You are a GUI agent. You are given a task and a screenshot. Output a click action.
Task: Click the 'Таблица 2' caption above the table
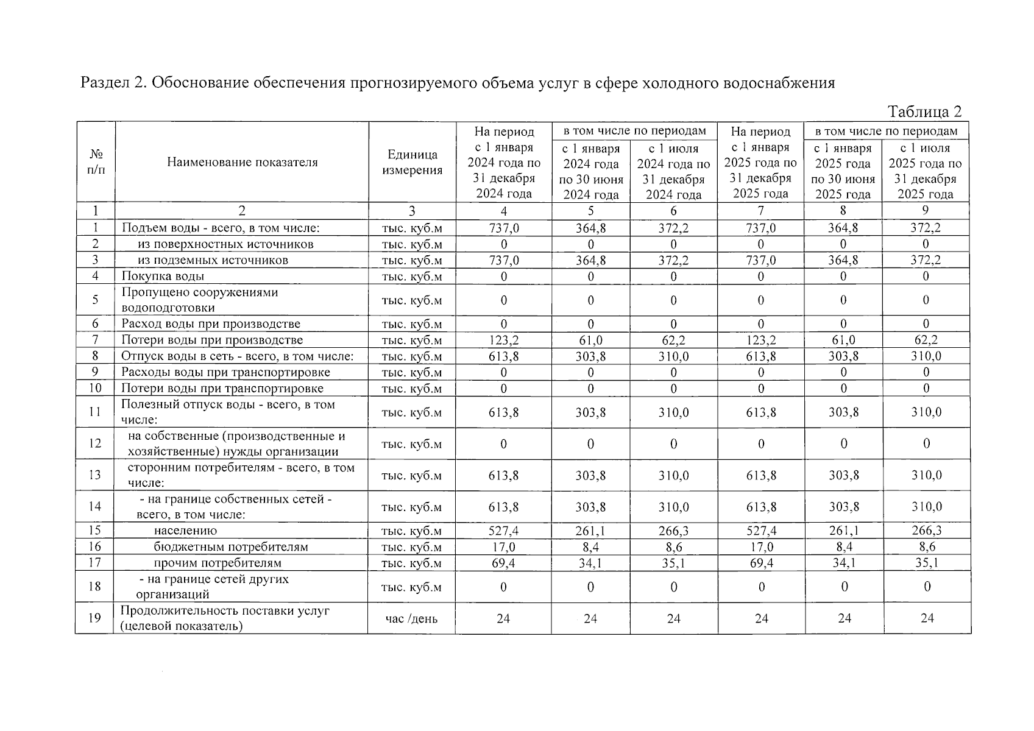(924, 111)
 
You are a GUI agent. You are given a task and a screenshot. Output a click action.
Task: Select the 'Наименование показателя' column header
(242, 162)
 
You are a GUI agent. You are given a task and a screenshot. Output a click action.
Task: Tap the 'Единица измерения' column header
(412, 162)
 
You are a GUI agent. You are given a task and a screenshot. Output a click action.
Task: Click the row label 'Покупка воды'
(163, 276)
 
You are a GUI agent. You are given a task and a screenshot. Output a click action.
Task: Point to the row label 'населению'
(185, 531)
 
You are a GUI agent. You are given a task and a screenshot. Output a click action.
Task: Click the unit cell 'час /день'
(411, 618)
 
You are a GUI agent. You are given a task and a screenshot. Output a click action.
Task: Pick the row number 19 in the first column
(94, 618)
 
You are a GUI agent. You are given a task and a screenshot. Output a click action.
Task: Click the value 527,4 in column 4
(503, 531)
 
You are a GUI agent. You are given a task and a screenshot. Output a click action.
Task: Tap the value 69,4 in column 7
(761, 563)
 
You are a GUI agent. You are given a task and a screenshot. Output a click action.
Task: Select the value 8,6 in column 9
(927, 546)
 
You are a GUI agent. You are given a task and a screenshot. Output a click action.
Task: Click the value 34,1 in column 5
(590, 563)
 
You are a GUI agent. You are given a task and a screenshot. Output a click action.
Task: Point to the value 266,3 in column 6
(673, 531)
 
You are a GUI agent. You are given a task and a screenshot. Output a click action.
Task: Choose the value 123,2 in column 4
(503, 340)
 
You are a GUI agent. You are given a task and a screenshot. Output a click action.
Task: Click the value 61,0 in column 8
(843, 340)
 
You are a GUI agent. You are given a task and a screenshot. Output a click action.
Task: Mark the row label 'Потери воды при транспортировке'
(222, 388)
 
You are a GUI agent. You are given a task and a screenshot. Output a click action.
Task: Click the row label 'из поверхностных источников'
(225, 244)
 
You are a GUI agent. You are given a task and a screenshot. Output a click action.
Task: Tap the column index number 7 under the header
(761, 211)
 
